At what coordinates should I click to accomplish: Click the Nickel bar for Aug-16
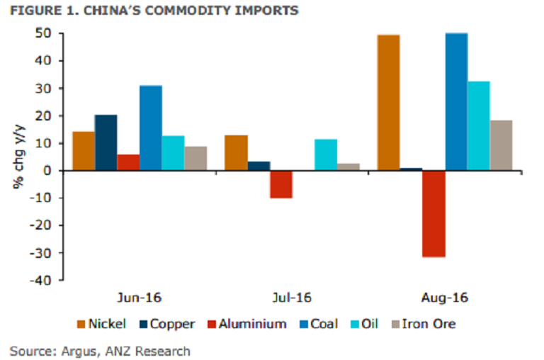pos(388,103)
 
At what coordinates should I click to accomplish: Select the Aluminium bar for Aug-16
pos(433,213)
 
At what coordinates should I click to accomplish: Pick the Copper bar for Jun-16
pos(106,142)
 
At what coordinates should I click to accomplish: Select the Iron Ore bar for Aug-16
pos(501,145)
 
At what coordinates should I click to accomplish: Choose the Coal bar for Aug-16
pos(455,102)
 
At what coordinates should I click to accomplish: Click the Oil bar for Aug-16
pos(478,125)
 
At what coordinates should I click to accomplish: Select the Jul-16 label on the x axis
pos(292,297)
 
